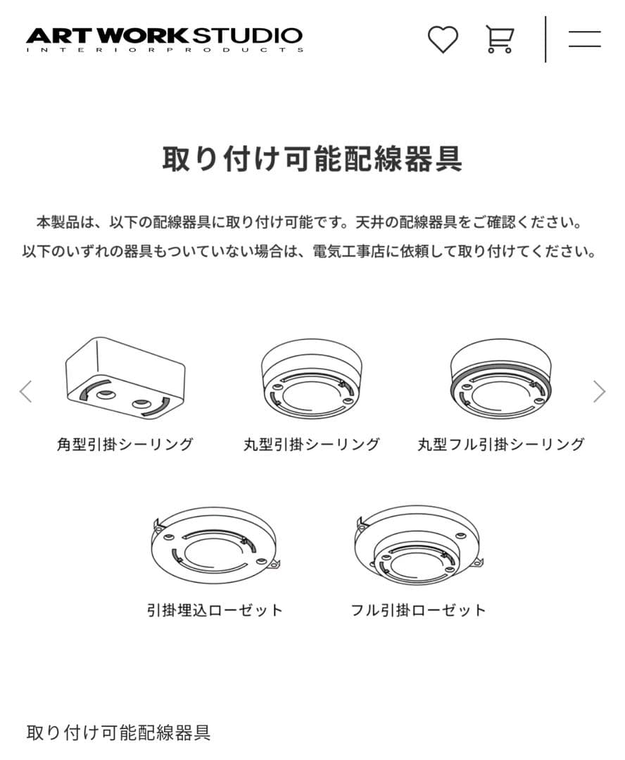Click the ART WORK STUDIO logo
point(164,35)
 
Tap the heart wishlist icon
point(443,39)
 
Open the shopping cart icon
point(499,39)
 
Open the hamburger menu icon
point(584,39)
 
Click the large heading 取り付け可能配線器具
point(312,159)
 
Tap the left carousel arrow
point(26,391)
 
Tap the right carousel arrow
point(599,391)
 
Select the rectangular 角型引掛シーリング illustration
point(125,377)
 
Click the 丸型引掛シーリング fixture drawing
point(312,380)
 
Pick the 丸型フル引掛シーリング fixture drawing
point(500,380)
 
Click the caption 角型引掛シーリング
point(125,445)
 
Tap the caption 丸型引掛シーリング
point(312,445)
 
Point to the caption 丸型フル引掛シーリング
point(500,445)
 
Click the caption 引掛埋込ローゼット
point(215,610)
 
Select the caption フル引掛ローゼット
point(419,610)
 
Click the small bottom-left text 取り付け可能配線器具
point(118,733)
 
